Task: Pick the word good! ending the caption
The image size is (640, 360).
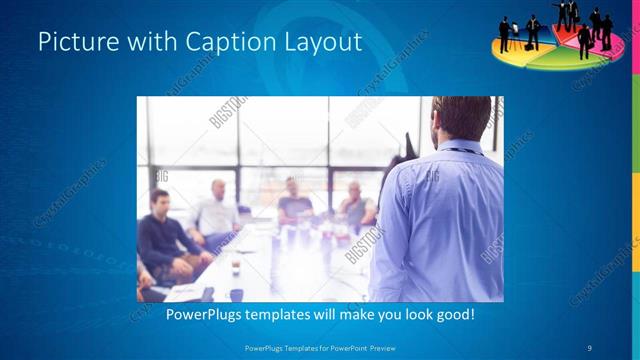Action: coord(451,315)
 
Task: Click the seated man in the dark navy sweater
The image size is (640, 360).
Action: coord(161,235)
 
